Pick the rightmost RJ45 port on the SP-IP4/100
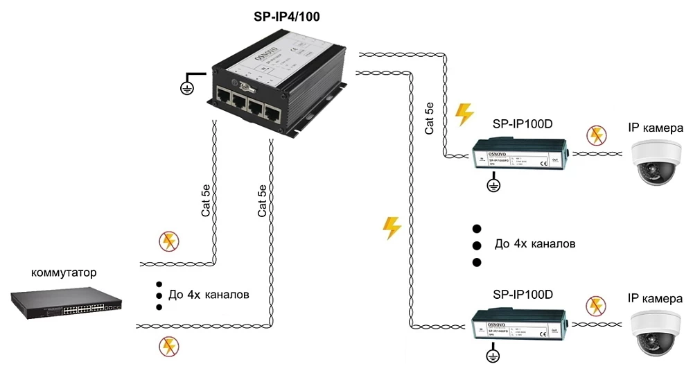274,115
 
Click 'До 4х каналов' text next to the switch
209,295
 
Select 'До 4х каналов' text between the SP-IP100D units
534,244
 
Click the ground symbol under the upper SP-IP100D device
493,186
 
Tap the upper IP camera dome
656,162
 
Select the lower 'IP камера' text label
655,298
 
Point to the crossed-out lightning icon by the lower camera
595,305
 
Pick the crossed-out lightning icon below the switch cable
168,345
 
